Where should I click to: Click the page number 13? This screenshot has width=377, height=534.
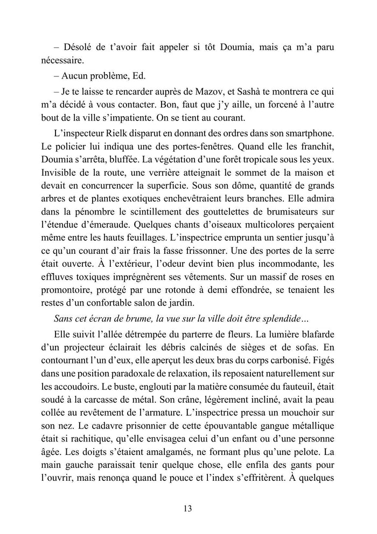click(188, 508)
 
